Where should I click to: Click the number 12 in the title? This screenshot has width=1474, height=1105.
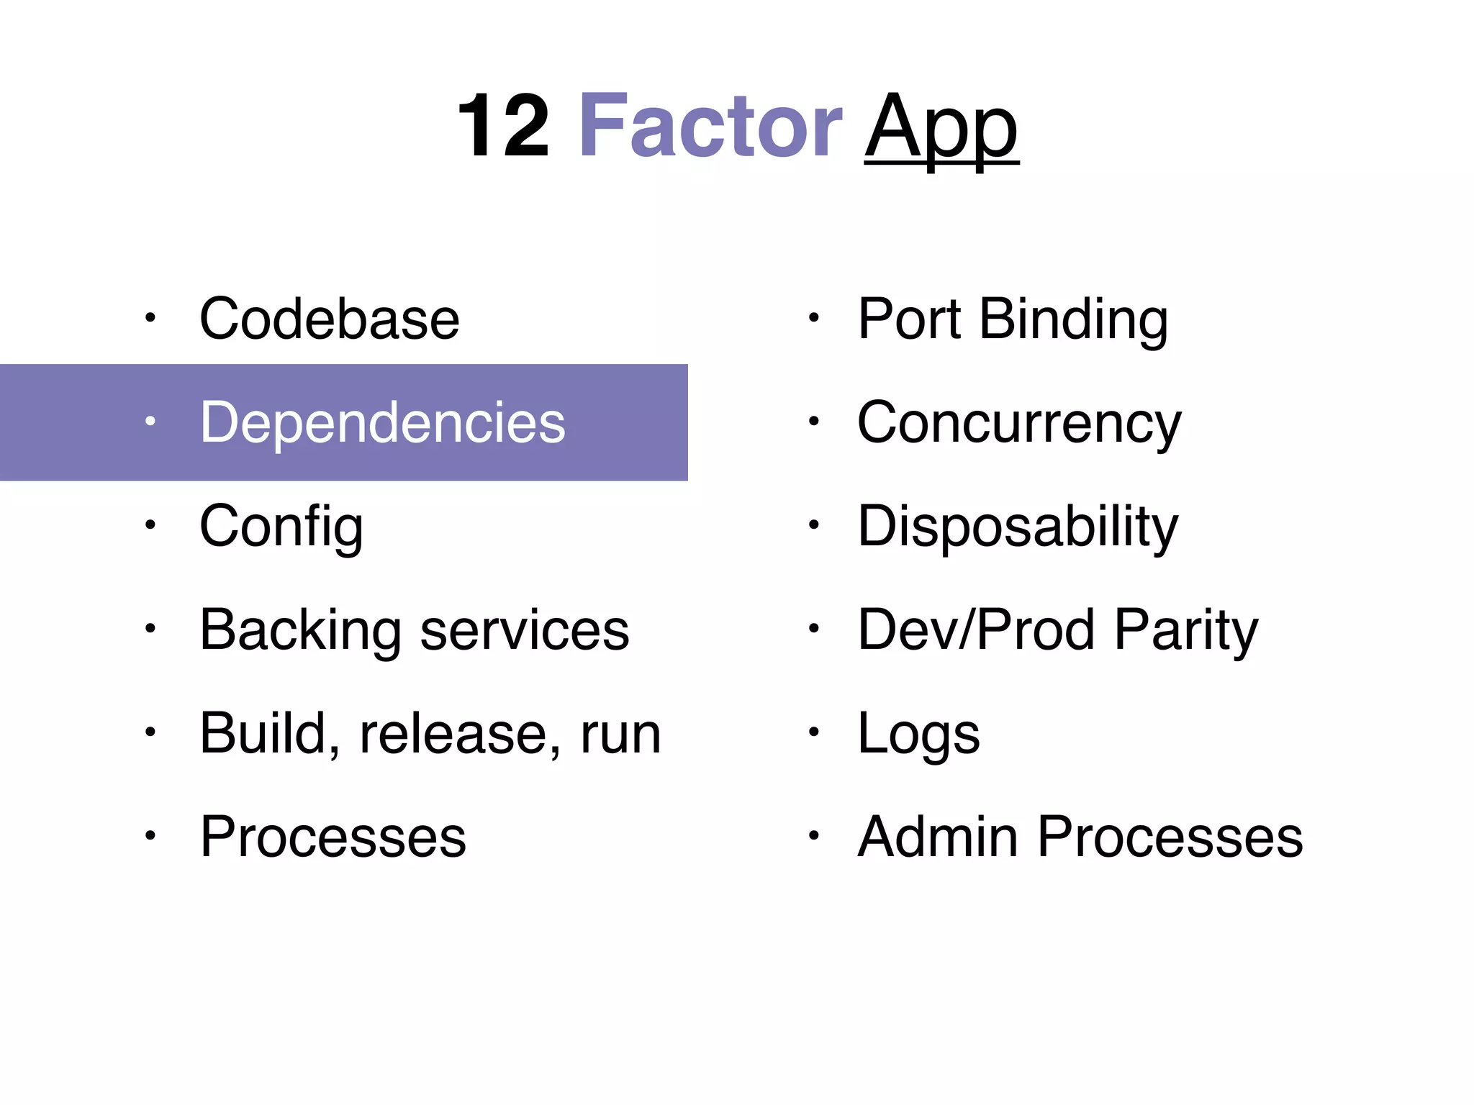tap(503, 127)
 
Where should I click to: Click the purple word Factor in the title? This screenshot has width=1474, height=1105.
tap(710, 127)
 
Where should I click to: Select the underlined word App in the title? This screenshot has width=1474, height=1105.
tap(941, 129)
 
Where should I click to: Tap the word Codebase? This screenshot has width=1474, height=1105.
tap(329, 319)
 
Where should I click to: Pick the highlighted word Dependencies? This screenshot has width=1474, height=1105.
tap(382, 423)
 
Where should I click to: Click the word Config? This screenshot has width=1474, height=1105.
tap(281, 527)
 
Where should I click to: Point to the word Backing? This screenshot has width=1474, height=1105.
tap(300, 631)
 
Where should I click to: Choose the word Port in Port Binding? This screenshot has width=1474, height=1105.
tap(909, 319)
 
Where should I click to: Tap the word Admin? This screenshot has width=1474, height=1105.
tap(937, 837)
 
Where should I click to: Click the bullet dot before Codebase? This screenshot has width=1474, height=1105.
tap(150, 317)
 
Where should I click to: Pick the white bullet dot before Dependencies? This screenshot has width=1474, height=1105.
tap(150, 422)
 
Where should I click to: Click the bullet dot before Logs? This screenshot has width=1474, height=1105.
tap(813, 732)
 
